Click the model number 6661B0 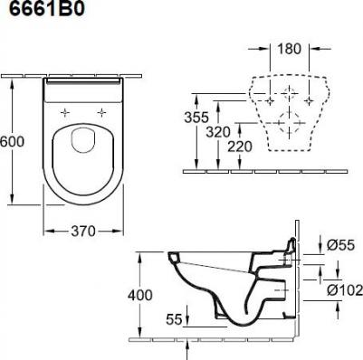coord(47,9)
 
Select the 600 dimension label coord(12,141)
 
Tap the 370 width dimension coord(83,232)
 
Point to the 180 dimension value coord(289,49)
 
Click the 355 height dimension coord(196,118)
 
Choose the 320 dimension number coord(218,132)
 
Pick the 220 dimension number coord(240,147)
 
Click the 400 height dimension coord(140,295)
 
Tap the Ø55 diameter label coord(341,245)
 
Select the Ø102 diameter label coord(345,290)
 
